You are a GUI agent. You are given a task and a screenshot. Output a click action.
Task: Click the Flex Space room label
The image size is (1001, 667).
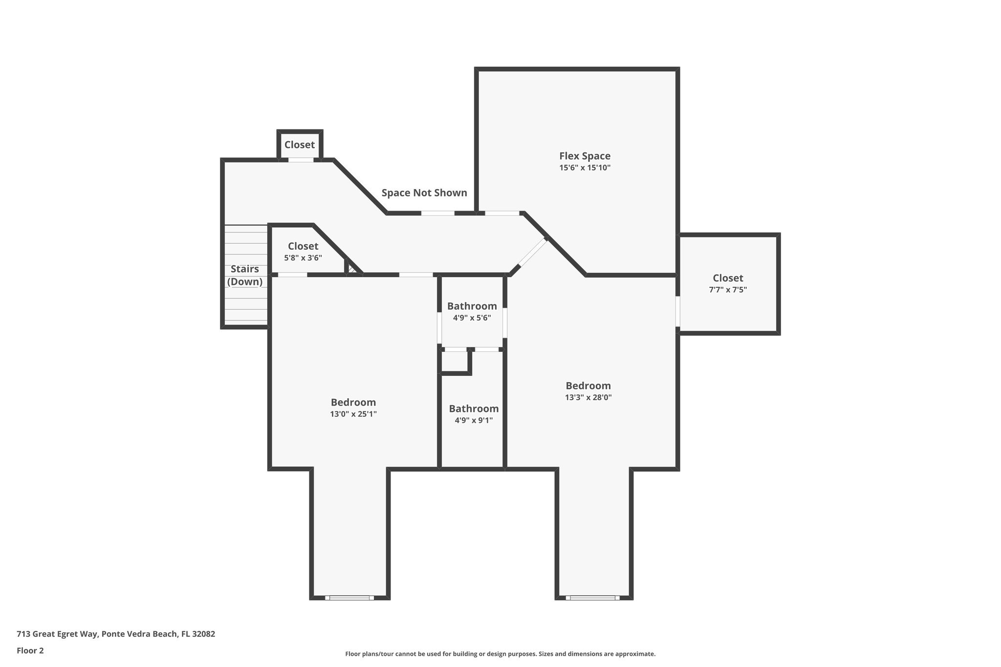click(585, 156)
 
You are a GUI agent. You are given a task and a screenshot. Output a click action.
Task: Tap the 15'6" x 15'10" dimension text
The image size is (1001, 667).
click(585, 168)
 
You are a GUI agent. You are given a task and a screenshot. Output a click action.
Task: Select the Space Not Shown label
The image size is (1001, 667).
click(424, 193)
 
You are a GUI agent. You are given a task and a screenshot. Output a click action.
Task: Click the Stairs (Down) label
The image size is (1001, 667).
click(244, 275)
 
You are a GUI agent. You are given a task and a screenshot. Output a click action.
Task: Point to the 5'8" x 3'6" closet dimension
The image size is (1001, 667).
click(303, 258)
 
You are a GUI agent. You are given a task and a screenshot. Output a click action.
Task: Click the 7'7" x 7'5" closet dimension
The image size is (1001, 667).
click(727, 289)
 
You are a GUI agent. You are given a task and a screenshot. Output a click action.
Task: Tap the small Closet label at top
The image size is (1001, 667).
click(300, 145)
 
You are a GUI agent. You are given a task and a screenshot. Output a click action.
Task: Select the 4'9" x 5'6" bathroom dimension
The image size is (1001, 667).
click(472, 318)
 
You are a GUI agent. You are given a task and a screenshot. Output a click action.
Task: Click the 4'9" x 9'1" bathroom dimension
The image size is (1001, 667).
click(473, 420)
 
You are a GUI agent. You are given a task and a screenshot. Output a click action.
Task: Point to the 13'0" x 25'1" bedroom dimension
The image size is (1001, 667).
click(353, 414)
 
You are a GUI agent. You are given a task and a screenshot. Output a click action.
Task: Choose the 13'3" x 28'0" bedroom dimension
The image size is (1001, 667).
click(588, 397)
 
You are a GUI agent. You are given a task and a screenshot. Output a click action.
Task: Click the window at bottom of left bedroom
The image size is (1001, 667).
click(349, 597)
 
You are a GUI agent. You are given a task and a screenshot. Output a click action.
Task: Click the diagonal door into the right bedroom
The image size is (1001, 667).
click(533, 252)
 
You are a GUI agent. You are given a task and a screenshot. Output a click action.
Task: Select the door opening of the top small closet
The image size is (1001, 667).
click(300, 160)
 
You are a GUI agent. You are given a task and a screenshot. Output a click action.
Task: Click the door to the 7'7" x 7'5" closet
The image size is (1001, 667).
click(678, 311)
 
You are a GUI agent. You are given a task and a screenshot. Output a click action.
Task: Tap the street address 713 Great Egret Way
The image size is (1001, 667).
click(115, 634)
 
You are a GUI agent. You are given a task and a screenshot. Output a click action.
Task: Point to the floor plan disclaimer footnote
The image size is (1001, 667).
click(500, 654)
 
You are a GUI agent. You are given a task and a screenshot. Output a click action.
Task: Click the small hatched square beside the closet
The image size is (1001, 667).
click(352, 269)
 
